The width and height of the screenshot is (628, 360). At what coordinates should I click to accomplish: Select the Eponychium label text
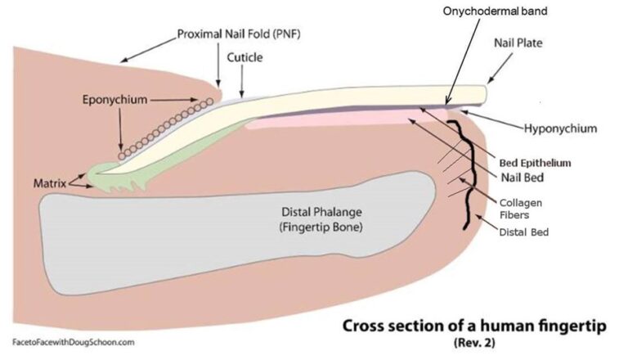pyautogui.click(x=115, y=100)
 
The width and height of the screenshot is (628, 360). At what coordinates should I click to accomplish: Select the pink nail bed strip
pyautogui.click(x=343, y=122)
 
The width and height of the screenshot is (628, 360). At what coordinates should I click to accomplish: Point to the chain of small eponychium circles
pyautogui.click(x=164, y=128)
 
